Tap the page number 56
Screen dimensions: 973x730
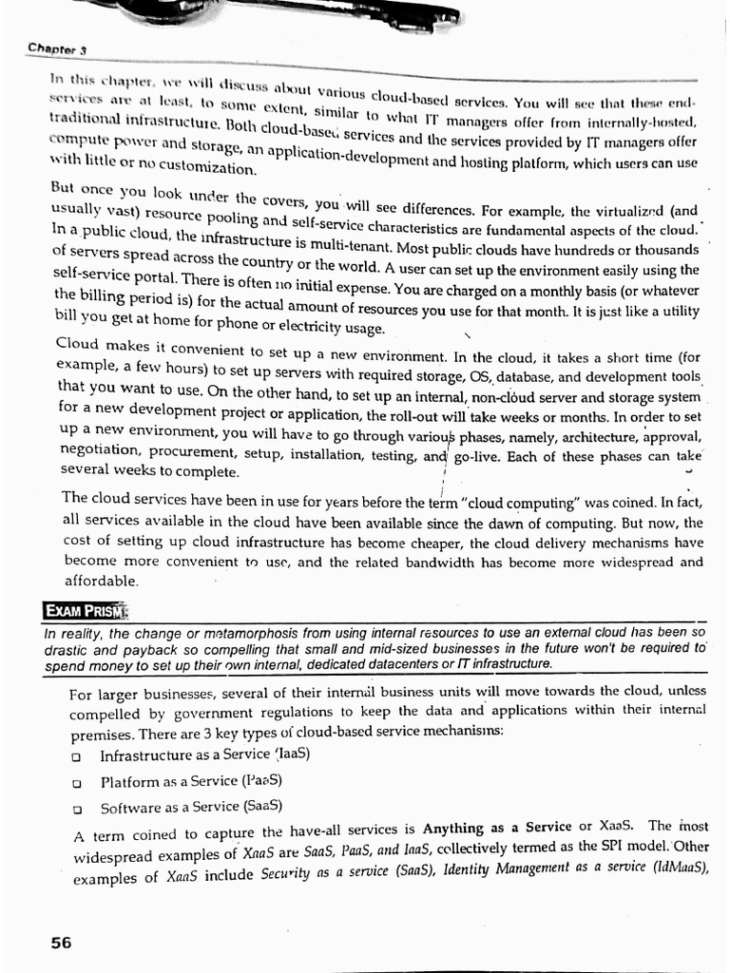[61, 943]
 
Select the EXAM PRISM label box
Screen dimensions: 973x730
[86, 609]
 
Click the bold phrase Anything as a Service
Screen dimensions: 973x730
[496, 828]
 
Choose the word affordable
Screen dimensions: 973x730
[101, 581]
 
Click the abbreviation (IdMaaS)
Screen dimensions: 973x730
[677, 867]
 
